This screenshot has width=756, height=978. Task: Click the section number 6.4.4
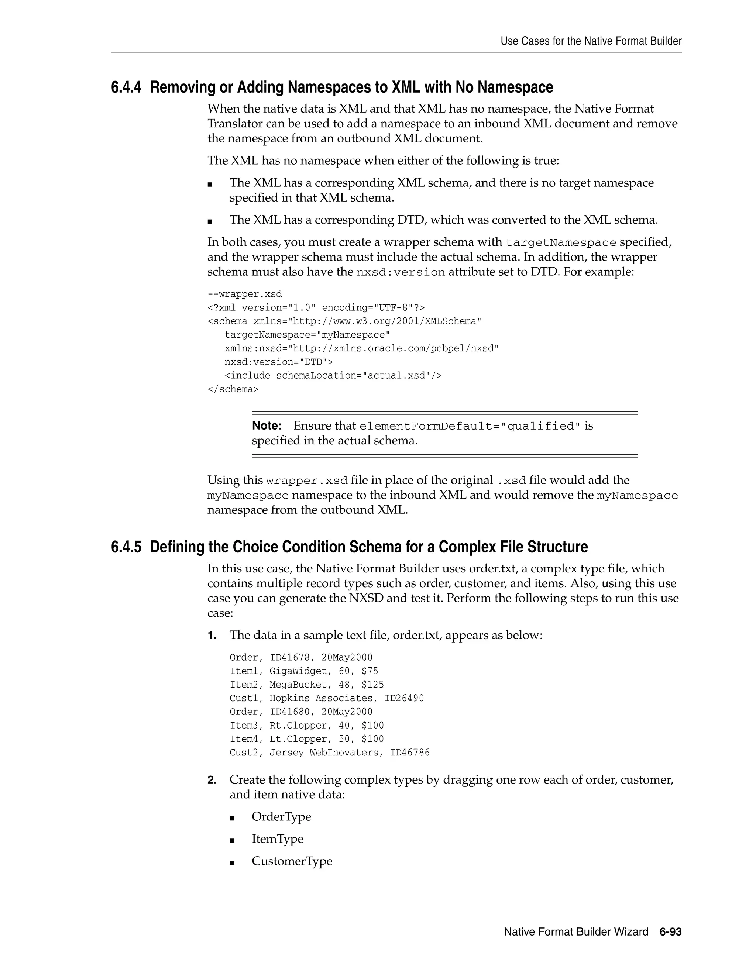[x=126, y=87]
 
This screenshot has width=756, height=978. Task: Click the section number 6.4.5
[x=126, y=547]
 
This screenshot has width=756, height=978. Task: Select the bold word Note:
[x=267, y=426]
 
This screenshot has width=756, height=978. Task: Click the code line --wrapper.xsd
[x=244, y=294]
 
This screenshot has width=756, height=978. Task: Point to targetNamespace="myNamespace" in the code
[x=307, y=335]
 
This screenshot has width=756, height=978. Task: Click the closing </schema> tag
[x=233, y=389]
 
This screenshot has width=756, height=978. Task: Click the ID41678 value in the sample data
[x=289, y=657]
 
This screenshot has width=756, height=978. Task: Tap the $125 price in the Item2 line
[x=372, y=685]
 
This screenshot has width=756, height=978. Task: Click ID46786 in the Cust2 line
[x=409, y=753]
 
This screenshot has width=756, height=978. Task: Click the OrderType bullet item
[x=281, y=816]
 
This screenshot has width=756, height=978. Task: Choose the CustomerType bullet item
[x=292, y=861]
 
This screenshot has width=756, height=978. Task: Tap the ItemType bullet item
[x=277, y=839]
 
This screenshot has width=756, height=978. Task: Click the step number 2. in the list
[x=212, y=780]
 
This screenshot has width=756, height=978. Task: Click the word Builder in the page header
[x=666, y=41]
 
